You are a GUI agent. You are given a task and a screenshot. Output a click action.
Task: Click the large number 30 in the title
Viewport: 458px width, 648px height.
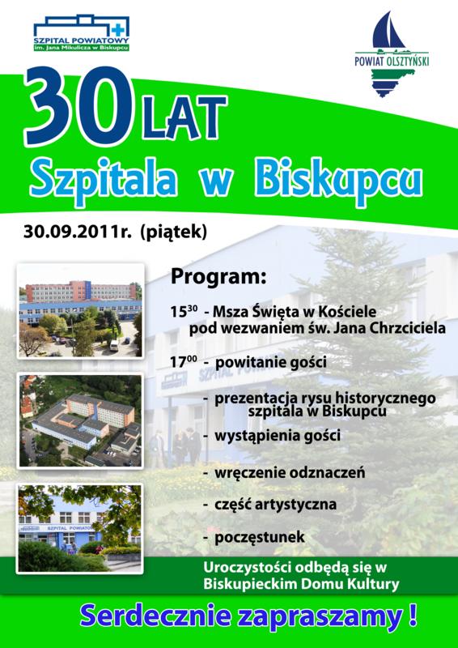pyautogui.click(x=78, y=106)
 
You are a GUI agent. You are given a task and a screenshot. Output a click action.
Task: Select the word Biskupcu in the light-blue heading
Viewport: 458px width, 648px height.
pyautogui.click(x=339, y=181)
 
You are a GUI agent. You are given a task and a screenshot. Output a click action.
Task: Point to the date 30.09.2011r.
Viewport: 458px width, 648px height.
pyautogui.click(x=77, y=232)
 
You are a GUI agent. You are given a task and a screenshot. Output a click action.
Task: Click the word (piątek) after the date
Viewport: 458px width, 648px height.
pyautogui.click(x=173, y=232)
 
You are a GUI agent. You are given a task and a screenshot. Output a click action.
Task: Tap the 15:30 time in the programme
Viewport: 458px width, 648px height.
pyautogui.click(x=182, y=311)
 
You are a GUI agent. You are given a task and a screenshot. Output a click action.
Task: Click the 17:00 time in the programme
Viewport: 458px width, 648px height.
pyautogui.click(x=182, y=362)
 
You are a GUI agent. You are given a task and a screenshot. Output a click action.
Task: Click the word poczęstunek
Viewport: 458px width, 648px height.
pyautogui.click(x=260, y=537)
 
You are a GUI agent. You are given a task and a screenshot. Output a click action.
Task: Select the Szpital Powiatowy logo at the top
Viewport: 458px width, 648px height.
pyautogui.click(x=82, y=33)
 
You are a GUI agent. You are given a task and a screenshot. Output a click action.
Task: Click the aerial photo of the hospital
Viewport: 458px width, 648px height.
pyautogui.click(x=81, y=420)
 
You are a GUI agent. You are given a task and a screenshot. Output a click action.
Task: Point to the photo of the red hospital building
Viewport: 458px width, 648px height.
pyautogui.click(x=81, y=310)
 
